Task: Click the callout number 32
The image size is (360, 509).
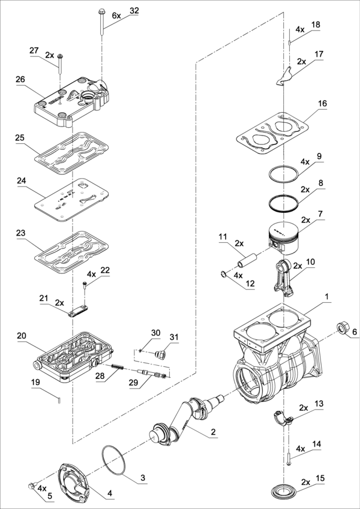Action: (x=134, y=10)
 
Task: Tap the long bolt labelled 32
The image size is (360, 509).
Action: (x=101, y=22)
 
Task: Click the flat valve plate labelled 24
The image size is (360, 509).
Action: (x=71, y=199)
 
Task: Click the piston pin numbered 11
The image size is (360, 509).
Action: (x=247, y=260)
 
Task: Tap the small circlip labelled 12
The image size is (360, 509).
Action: (x=223, y=275)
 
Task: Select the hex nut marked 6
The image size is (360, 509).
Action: (x=341, y=327)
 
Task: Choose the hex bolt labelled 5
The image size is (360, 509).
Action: (x=32, y=486)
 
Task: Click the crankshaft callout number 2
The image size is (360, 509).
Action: (x=213, y=432)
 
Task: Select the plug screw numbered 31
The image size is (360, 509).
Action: (x=161, y=354)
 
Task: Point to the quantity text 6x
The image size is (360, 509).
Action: (x=116, y=15)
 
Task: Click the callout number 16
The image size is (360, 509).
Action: (x=322, y=104)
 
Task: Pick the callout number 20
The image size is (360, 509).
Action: (x=22, y=335)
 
